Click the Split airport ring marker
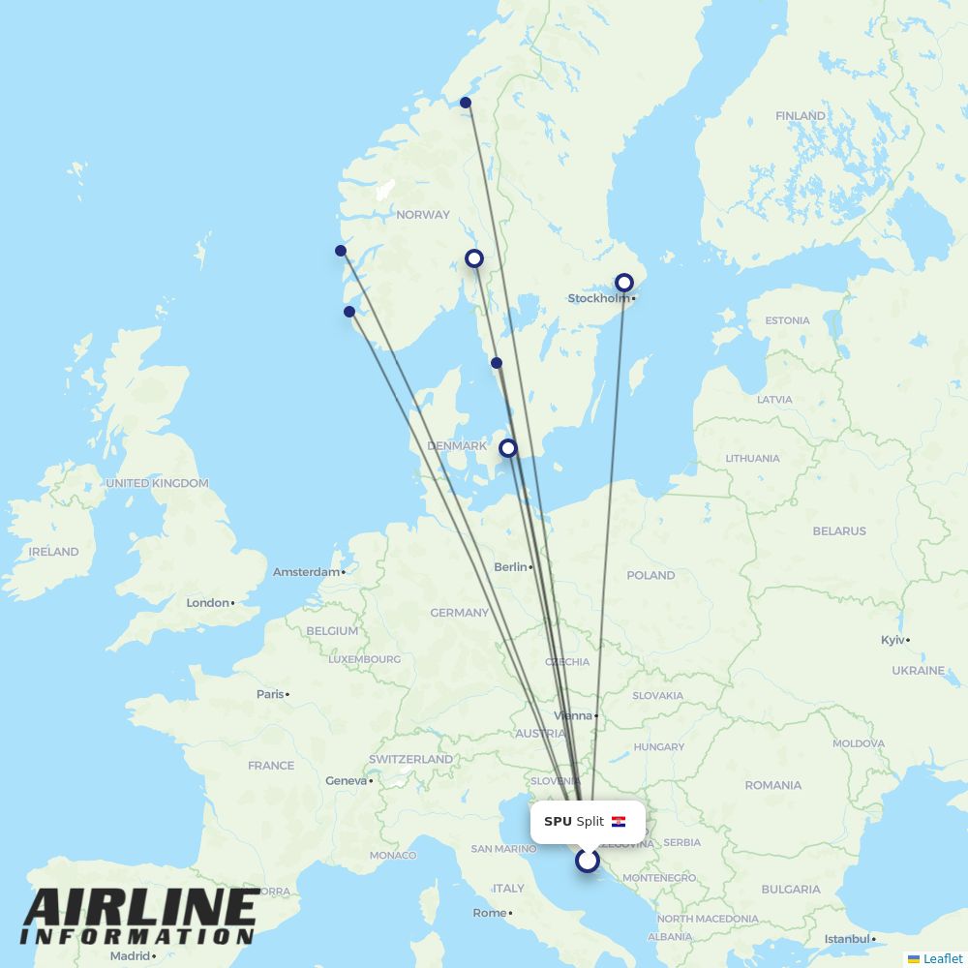[x=588, y=861]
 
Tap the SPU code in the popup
[x=558, y=822]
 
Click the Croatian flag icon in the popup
[x=619, y=822]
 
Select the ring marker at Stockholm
[x=624, y=283]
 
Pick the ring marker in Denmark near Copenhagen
[x=507, y=448]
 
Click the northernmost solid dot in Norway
[x=466, y=103]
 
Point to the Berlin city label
[x=510, y=567]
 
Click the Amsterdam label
[x=306, y=572]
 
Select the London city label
[x=208, y=603]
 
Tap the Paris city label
[x=270, y=694]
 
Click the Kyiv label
[x=892, y=640]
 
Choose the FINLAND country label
[x=801, y=116]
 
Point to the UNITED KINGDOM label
[x=157, y=483]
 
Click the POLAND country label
[x=650, y=575]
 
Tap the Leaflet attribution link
[x=942, y=958]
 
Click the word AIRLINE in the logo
[x=140, y=908]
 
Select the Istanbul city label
[x=847, y=939]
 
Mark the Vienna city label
[x=573, y=716]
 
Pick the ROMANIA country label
[x=773, y=785]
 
